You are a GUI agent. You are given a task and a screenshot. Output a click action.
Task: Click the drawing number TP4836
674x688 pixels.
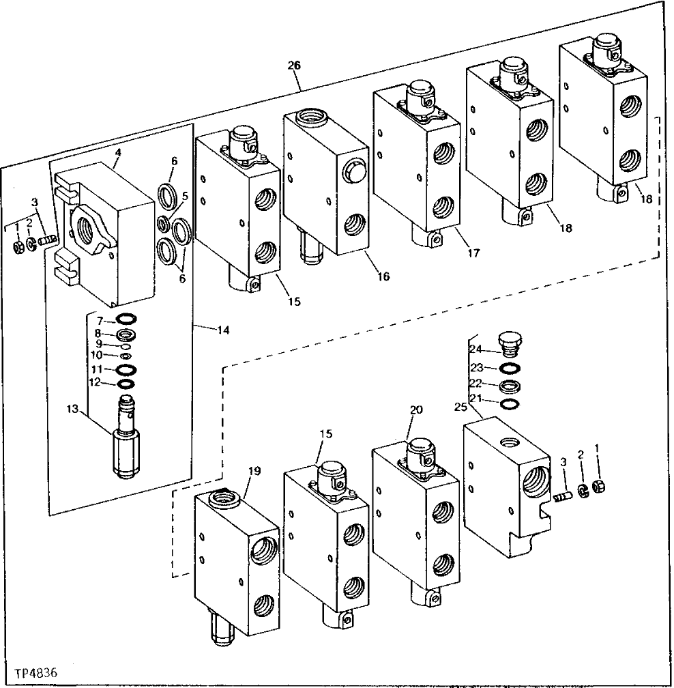(x=33, y=673)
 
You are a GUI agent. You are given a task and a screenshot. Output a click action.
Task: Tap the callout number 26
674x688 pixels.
(x=294, y=66)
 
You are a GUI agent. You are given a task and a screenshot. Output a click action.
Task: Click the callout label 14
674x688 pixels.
(x=224, y=330)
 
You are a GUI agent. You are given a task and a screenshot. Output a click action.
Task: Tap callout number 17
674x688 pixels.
(x=473, y=253)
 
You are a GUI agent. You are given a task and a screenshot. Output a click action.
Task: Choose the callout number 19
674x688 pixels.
(x=254, y=470)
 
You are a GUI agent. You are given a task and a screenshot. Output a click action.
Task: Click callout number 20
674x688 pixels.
(x=417, y=410)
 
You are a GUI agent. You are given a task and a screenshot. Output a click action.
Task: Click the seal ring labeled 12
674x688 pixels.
(x=126, y=383)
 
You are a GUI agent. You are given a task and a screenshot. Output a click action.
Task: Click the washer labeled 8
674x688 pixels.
(x=126, y=334)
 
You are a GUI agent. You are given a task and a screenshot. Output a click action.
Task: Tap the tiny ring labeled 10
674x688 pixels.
(x=126, y=356)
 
